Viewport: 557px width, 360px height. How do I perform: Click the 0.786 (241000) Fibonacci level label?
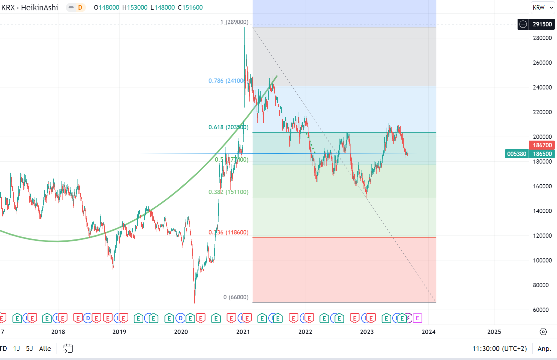[227, 81]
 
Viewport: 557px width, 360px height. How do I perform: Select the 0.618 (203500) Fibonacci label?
[228, 127]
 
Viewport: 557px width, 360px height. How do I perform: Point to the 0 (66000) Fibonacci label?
[236, 297]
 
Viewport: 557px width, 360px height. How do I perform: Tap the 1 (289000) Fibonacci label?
[234, 22]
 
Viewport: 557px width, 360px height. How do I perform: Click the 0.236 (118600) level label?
[228, 232]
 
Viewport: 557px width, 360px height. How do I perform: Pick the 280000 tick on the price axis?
[542, 38]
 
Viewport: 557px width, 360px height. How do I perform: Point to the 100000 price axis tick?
[542, 260]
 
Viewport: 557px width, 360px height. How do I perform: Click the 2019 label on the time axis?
[119, 332]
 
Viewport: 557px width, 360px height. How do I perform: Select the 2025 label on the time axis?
[494, 332]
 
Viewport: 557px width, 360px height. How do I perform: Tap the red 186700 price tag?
[542, 145]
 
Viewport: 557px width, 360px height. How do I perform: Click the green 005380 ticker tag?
[517, 154]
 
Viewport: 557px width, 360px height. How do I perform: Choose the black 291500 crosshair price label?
[542, 24]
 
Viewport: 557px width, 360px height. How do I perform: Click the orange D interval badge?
[80, 8]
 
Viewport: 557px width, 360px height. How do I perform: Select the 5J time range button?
[29, 349]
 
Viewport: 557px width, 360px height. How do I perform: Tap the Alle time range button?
[45, 349]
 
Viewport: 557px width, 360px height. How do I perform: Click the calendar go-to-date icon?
[68, 349]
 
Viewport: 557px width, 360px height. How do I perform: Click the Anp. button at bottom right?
[544, 349]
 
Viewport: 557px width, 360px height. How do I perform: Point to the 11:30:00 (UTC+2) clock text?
[499, 349]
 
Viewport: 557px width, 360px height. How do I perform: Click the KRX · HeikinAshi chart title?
[30, 8]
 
